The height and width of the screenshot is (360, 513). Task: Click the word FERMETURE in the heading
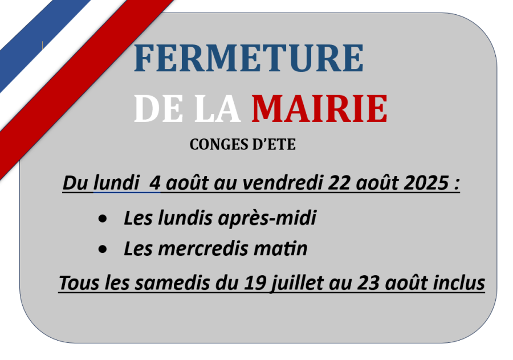[249, 58]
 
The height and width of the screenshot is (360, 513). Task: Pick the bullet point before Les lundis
[103, 219]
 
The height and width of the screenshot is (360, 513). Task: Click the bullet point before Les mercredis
[103, 249]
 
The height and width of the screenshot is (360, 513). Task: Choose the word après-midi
[267, 218]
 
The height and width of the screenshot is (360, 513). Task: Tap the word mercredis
[203, 249]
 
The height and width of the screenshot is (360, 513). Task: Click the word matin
[280, 249]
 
